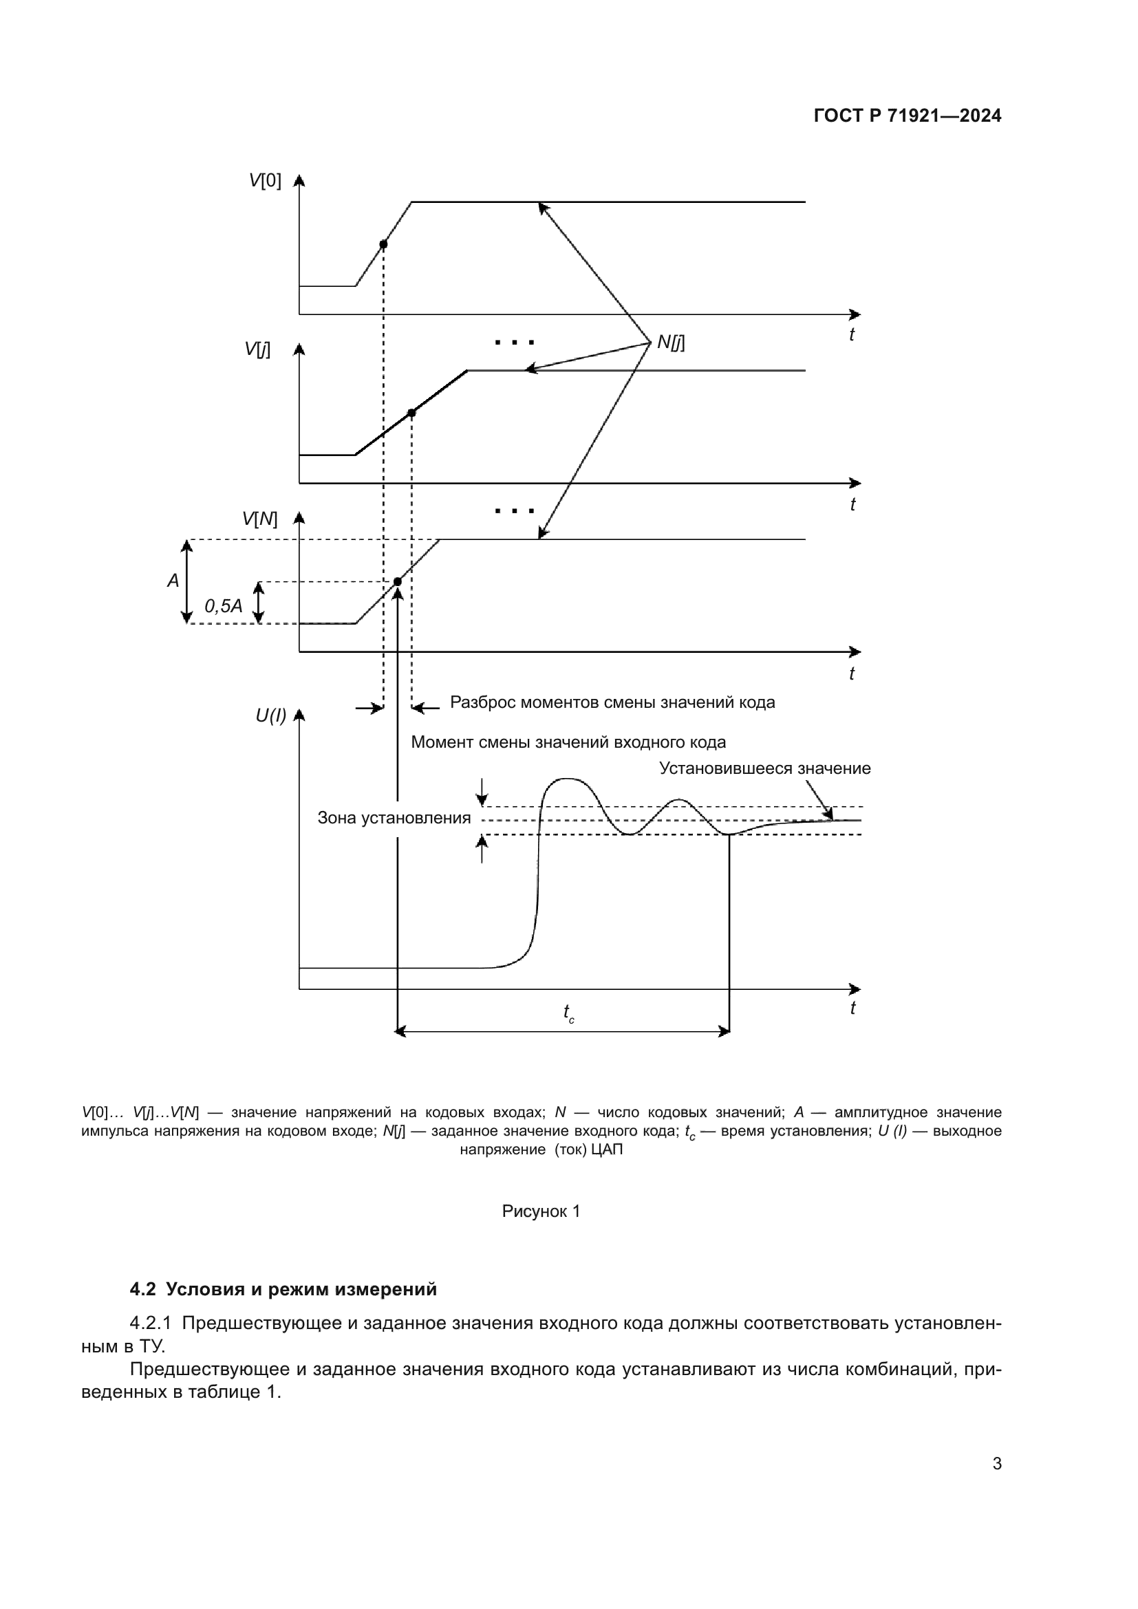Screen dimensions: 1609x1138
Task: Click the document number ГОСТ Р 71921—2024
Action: (x=908, y=116)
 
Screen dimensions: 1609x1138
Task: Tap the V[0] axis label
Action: (x=265, y=181)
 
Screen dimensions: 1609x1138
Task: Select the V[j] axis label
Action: (x=257, y=349)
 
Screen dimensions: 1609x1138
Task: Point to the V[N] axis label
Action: (x=260, y=519)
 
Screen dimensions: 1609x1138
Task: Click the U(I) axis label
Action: (x=270, y=715)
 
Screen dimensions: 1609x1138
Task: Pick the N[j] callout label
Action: (x=671, y=343)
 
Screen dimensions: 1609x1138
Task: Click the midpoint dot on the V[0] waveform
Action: (x=383, y=245)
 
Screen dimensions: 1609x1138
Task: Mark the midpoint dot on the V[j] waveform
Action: (x=411, y=413)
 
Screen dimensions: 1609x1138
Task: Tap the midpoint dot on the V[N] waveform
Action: (x=397, y=582)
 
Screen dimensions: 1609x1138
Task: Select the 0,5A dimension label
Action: (x=224, y=605)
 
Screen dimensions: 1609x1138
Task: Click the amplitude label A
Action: (x=173, y=581)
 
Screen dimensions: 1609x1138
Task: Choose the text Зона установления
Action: (x=394, y=818)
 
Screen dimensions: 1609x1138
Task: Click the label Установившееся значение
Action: (x=764, y=768)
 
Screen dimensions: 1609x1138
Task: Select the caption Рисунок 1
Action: (x=541, y=1211)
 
